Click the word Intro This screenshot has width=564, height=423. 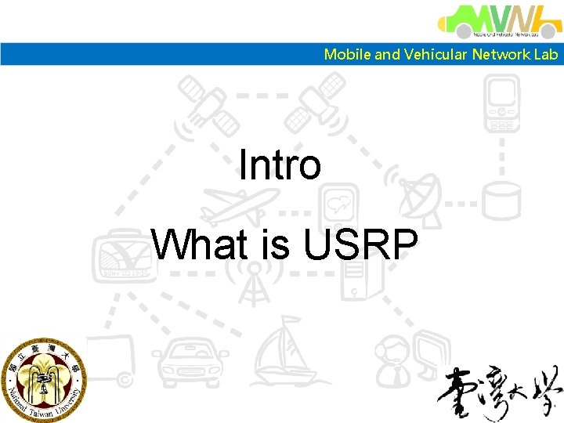[280, 165]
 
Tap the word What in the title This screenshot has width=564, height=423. [200, 244]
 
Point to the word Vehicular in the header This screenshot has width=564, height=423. [435, 54]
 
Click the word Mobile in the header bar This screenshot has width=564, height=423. [348, 54]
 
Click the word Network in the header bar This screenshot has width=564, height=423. [500, 54]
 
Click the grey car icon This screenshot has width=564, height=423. [183, 363]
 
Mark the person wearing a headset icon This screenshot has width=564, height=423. [396, 360]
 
